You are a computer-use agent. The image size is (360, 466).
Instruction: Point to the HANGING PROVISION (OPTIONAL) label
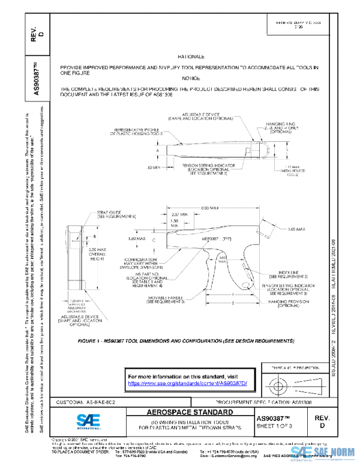pyautogui.click(x=279, y=303)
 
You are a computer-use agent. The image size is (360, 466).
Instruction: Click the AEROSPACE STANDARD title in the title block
pyautogui.click(x=190, y=413)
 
